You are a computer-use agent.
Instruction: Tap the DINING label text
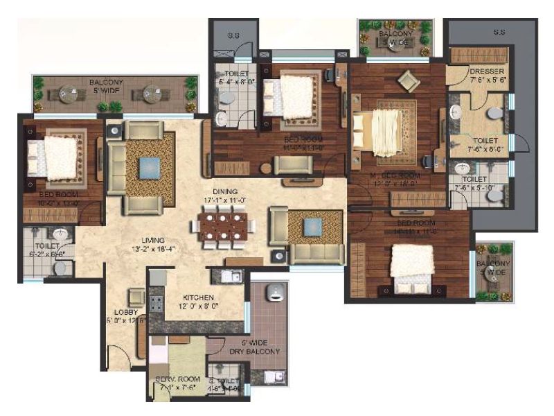tap(225, 191)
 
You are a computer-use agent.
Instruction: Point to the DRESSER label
tap(486, 71)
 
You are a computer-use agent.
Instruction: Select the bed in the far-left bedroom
tap(53, 156)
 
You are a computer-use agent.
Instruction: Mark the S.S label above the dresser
tap(499, 32)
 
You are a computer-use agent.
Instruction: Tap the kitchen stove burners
tap(155, 302)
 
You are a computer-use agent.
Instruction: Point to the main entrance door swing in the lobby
tap(120, 357)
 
